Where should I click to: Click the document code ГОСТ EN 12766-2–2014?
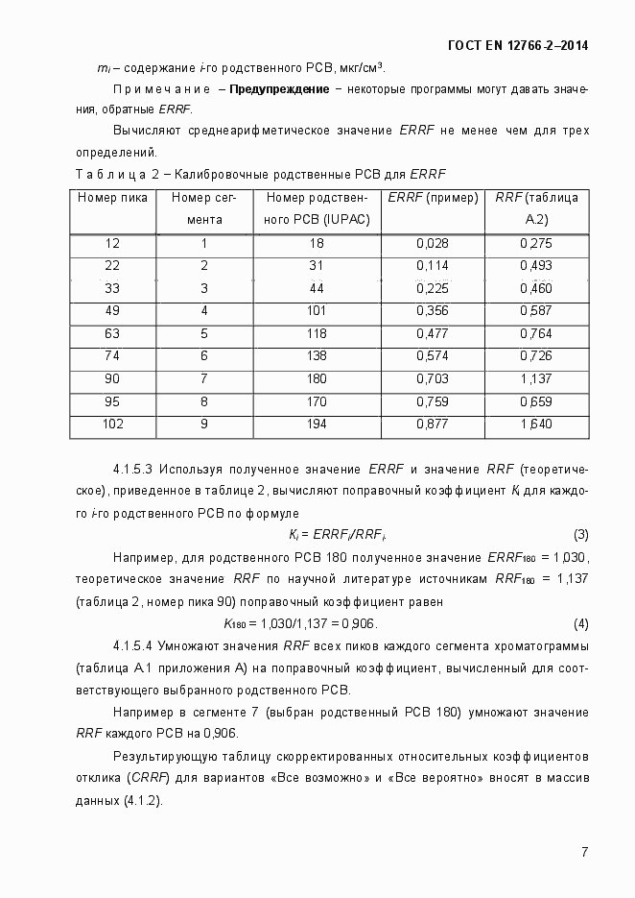tap(518, 45)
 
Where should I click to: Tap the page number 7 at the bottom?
tap(584, 852)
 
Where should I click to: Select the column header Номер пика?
tap(112, 198)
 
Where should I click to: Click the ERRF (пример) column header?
tap(432, 198)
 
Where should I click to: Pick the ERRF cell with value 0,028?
tap(433, 244)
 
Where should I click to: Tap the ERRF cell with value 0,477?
tap(433, 332)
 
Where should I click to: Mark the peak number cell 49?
tap(112, 310)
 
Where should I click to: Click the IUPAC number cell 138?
tap(317, 354)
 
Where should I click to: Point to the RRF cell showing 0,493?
tap(535, 266)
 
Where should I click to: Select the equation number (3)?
tap(580, 534)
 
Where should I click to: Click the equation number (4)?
tap(580, 622)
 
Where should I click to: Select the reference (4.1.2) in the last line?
tap(142, 800)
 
